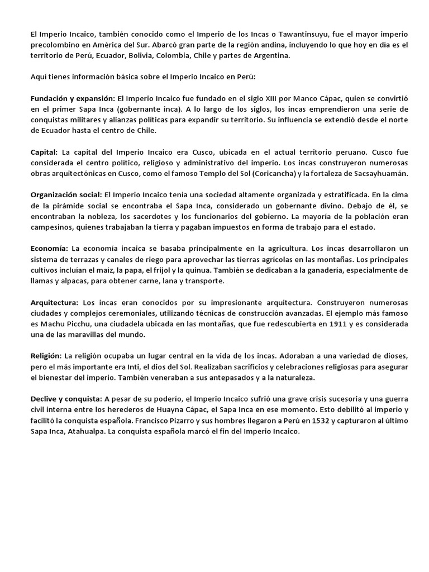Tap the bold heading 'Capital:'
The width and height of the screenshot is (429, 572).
pyautogui.click(x=44, y=151)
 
